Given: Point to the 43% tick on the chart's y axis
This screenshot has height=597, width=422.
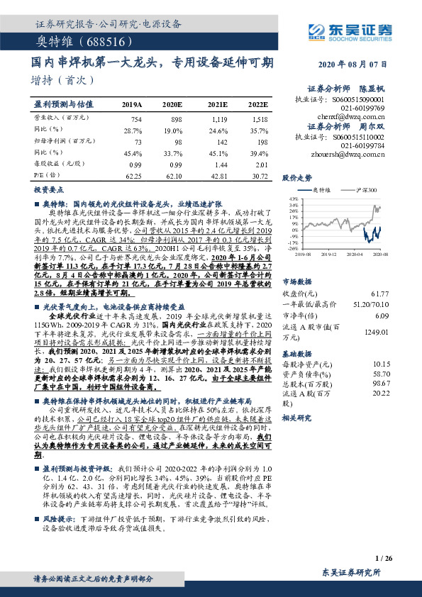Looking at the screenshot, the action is (x=294, y=201).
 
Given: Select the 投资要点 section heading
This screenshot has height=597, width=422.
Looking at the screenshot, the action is (x=49, y=191).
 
